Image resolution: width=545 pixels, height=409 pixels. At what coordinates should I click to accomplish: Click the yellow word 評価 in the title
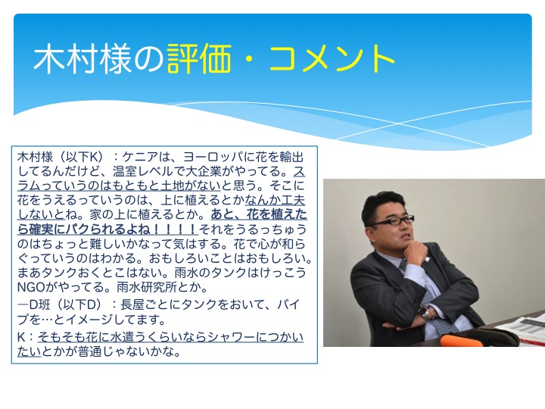199,59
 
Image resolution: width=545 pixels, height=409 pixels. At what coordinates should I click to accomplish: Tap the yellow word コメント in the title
332,59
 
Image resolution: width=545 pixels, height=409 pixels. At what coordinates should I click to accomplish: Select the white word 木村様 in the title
83,59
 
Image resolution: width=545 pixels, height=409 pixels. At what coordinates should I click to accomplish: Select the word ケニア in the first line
140,158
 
